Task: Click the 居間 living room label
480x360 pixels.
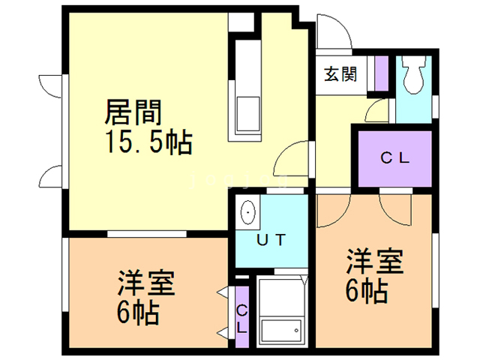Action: pyautogui.click(x=133, y=113)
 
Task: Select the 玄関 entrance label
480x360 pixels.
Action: pyautogui.click(x=340, y=75)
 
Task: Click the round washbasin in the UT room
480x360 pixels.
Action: pyautogui.click(x=248, y=214)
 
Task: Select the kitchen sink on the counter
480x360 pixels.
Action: pyautogui.click(x=248, y=113)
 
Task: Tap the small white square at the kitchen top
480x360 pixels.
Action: pyautogui.click(x=242, y=22)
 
